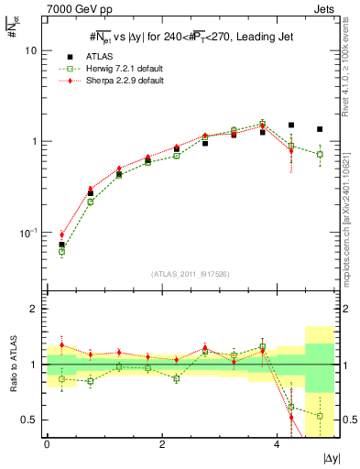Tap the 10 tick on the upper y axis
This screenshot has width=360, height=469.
tap(29, 51)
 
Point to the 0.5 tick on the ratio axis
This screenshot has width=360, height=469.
tap(29, 420)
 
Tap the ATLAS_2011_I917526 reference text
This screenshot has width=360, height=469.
tap(190, 274)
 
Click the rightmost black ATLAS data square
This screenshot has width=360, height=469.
tap(320, 129)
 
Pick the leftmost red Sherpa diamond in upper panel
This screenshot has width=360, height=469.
tap(61, 234)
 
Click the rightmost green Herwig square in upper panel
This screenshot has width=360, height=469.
tap(320, 154)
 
